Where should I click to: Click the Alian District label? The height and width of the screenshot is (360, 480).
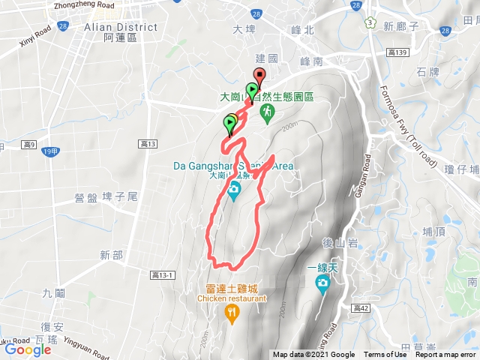click(x=121, y=27)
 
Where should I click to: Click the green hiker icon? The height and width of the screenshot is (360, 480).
click(x=265, y=112)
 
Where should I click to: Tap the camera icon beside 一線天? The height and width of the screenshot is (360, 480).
click(x=322, y=283)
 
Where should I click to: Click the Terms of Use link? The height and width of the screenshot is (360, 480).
click(x=385, y=355)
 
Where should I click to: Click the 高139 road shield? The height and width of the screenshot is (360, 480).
click(x=398, y=52)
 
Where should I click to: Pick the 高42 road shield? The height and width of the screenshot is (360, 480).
click(x=361, y=307)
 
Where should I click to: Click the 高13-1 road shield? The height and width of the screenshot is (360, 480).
click(x=162, y=275)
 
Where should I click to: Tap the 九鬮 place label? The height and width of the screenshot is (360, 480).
click(x=53, y=293)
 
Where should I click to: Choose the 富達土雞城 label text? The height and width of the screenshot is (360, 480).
click(x=232, y=288)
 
